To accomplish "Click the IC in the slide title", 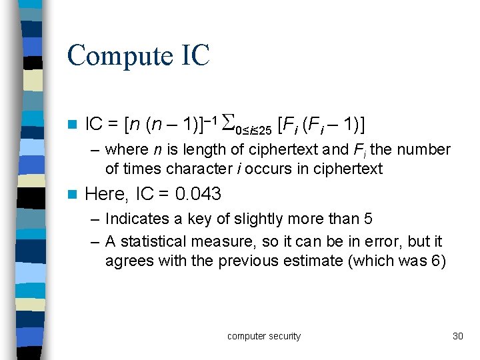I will tap(194, 55).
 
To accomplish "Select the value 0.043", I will tap(198, 194).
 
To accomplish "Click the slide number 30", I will tap(457, 336).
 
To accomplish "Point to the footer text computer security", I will tap(264, 336).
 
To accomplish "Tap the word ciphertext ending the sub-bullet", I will tap(349, 169).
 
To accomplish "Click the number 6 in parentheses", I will tap(435, 260).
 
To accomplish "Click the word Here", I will tap(106, 194).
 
